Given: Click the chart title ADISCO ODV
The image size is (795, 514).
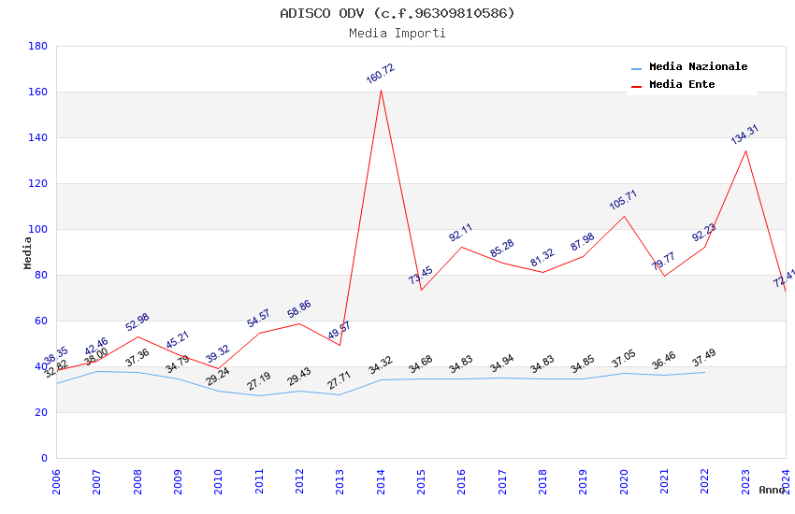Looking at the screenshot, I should (x=397, y=13).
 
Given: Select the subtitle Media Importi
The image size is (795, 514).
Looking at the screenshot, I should (x=397, y=34).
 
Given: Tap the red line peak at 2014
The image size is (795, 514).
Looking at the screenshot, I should (x=381, y=90).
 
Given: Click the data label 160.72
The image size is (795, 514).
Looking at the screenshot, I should (x=381, y=74).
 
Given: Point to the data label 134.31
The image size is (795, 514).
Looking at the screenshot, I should (x=744, y=135).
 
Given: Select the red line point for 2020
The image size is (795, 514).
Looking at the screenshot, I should (x=624, y=217).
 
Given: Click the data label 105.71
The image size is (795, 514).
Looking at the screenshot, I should (x=623, y=200).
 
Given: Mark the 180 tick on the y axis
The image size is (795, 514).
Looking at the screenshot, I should (x=38, y=46).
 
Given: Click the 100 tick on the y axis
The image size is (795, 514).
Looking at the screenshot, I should (x=38, y=229).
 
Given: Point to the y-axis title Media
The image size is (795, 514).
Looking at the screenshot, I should (x=28, y=252).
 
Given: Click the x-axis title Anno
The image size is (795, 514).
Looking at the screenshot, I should (x=772, y=490).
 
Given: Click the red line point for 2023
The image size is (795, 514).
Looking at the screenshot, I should (x=745, y=150).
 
